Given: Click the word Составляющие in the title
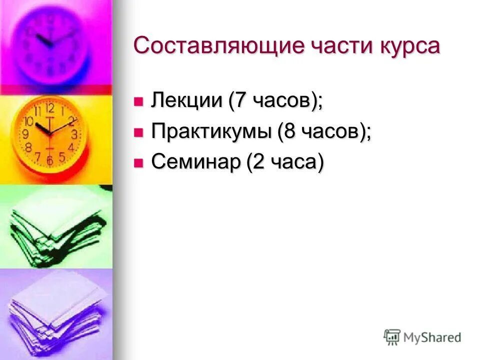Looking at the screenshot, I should click(x=218, y=46).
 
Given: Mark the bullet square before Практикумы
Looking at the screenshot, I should click(x=138, y=133).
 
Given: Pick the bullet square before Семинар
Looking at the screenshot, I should click(x=138, y=163).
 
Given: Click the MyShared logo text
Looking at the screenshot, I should click(x=432, y=337).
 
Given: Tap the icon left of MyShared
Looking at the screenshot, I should click(x=392, y=337).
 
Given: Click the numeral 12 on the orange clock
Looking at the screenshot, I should click(x=50, y=108).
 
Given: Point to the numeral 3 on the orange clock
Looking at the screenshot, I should click(x=74, y=134).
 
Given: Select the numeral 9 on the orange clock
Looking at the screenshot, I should click(x=25, y=134).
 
